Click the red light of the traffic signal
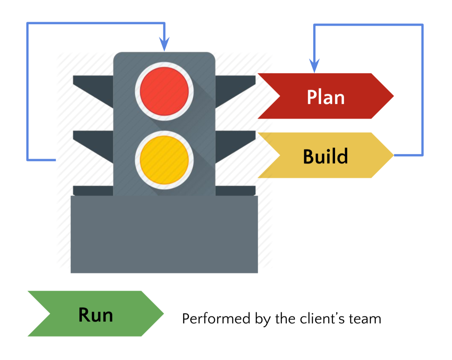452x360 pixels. pyautogui.click(x=164, y=91)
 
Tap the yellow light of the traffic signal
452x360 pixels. pyautogui.click(x=164, y=160)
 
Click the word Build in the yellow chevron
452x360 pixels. pyautogui.click(x=325, y=156)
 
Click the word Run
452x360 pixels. pyautogui.click(x=95, y=315)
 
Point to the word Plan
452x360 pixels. pyautogui.click(x=325, y=97)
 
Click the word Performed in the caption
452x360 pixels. pyautogui.click(x=216, y=318)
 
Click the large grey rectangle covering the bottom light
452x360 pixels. pyautogui.click(x=164, y=234)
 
